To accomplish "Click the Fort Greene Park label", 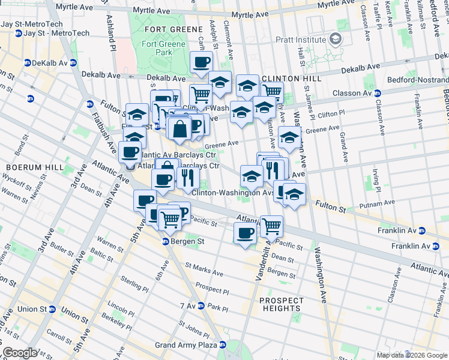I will (x=158, y=48).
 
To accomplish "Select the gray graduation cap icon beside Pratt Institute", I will (x=335, y=40).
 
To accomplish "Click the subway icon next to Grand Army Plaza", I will (x=222, y=345).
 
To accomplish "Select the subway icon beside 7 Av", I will (x=201, y=306).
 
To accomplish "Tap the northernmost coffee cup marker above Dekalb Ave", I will (x=202, y=62).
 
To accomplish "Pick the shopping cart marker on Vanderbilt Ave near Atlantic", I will (x=272, y=226).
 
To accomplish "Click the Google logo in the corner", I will (x=20, y=352).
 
